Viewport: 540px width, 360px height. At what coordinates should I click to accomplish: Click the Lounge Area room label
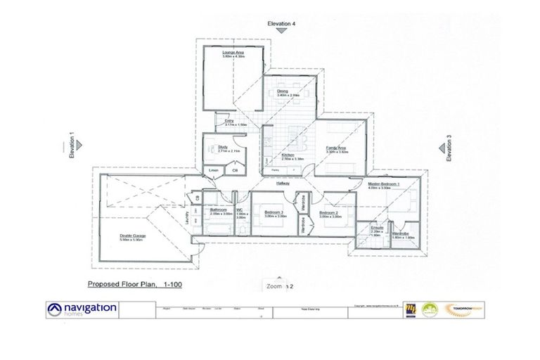[x=233, y=53]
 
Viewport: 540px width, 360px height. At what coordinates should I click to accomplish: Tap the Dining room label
[x=283, y=91]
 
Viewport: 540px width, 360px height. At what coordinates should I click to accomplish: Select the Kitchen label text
[x=288, y=155]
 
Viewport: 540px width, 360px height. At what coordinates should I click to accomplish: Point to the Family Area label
[x=337, y=148]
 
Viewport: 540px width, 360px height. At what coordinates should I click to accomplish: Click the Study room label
[x=223, y=147]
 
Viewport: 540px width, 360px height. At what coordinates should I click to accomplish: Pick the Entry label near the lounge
[x=229, y=121]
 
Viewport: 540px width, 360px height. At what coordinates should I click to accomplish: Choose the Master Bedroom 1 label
[x=384, y=184]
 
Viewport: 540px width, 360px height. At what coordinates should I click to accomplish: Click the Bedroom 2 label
[x=329, y=212]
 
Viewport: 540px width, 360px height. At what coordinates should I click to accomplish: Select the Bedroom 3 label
[x=274, y=212]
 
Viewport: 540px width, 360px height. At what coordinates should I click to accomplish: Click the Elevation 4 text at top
[x=281, y=24]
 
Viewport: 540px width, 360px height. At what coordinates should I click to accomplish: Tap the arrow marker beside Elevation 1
[x=80, y=146]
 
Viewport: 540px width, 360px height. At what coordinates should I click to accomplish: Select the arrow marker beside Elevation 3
[x=441, y=148]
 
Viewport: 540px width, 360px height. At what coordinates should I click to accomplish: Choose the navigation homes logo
[x=82, y=310]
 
